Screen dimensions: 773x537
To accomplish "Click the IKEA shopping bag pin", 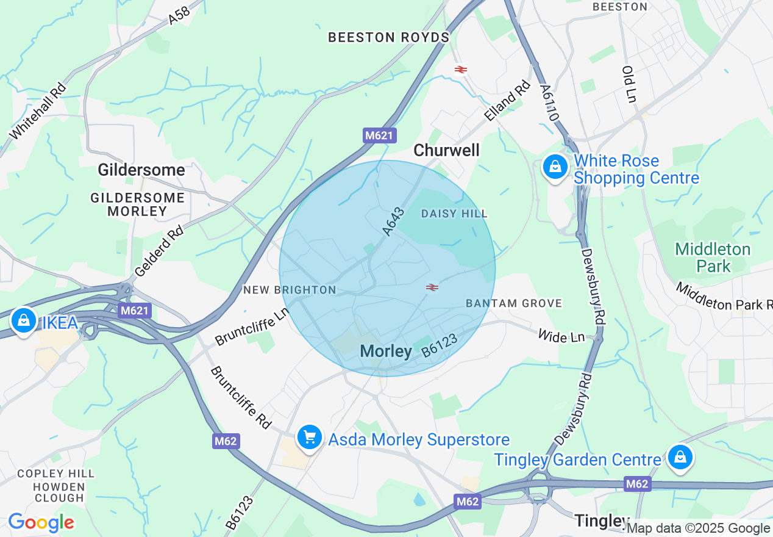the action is [23, 320].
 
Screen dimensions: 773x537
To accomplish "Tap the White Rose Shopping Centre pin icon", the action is [555, 166].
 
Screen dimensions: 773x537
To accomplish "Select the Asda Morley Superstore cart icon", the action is [310, 438].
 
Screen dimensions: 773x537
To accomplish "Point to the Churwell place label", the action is [446, 150].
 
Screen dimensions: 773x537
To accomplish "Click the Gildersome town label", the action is [141, 170].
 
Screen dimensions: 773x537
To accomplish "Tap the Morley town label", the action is [386, 351].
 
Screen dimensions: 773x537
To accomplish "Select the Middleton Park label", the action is [713, 258].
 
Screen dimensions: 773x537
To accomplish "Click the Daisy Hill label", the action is [454, 214].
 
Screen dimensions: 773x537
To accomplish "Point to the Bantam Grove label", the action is [514, 303].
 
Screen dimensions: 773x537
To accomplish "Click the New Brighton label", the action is [290, 290].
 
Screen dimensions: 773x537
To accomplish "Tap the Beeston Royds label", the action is [388, 37].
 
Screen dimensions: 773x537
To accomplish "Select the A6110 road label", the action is [548, 102].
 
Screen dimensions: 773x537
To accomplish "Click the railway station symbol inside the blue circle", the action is [432, 287].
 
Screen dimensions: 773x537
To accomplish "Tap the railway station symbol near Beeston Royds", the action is [460, 70].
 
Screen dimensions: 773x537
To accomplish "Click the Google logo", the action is [41, 523].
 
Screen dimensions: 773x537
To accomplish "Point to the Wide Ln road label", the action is [561, 336].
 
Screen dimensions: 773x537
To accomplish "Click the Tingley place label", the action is [602, 521].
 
